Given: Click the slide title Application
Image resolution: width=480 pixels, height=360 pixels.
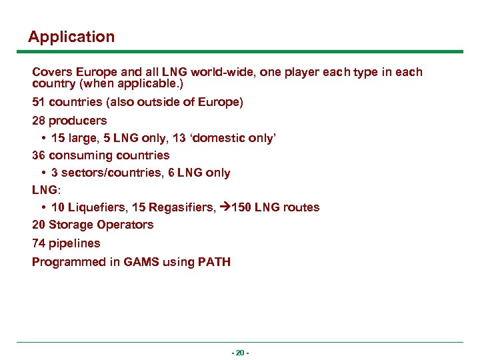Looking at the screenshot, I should point(71,37).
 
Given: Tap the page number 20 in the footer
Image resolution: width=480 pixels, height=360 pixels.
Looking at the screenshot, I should point(239,352).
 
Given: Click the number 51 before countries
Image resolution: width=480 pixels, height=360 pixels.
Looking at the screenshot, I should point(39,103).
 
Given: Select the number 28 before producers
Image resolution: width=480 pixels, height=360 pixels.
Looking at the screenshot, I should point(39,121).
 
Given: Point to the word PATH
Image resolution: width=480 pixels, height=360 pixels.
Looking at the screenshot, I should point(214,262).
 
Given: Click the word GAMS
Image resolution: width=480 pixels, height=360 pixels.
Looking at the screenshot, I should point(141,262).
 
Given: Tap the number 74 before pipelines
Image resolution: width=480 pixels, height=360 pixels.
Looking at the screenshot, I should point(39,243).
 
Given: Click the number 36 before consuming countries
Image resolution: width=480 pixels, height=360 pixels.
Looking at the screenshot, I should point(39,155).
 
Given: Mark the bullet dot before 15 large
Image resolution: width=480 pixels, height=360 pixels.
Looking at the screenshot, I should point(43,138).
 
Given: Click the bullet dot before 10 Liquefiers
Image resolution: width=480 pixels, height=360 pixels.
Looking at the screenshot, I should point(43,207).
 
